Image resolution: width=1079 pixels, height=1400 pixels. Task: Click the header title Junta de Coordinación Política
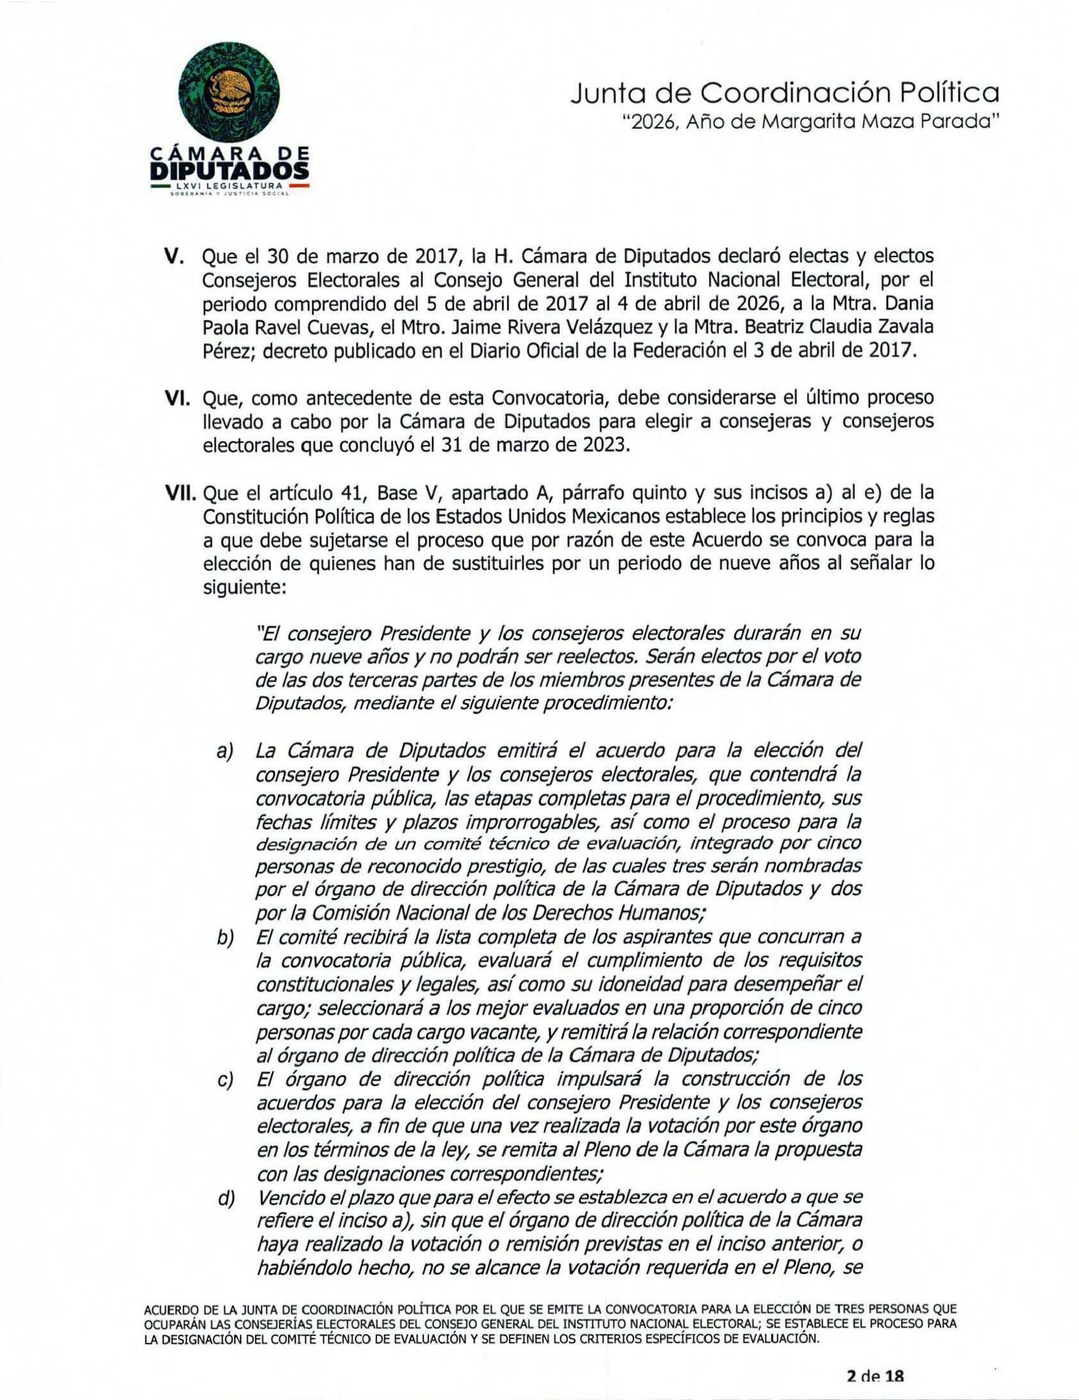coord(784,95)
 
